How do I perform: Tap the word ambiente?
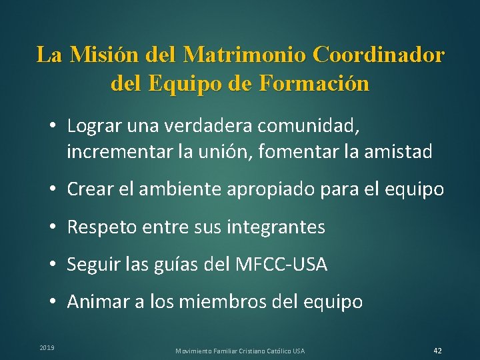pyautogui.click(x=178, y=189)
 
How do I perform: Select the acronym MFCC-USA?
pyautogui.click(x=282, y=265)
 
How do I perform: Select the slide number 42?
pyautogui.click(x=437, y=351)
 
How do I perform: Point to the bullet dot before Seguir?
pyautogui.click(x=52, y=265)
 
